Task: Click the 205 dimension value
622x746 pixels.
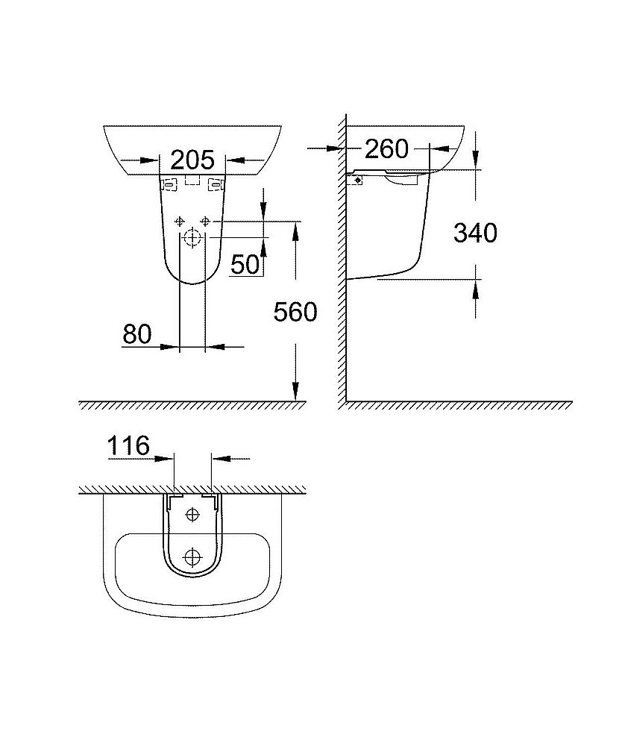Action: tap(192, 159)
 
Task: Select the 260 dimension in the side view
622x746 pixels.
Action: tap(386, 149)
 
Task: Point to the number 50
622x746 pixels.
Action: tap(244, 263)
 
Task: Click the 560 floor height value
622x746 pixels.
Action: tap(295, 312)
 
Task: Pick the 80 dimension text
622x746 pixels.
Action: tap(136, 335)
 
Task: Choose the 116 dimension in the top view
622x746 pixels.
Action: tap(128, 446)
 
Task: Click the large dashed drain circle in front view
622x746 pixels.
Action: tap(192, 239)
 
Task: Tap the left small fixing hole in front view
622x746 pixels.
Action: tap(179, 221)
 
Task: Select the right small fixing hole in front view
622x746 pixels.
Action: tap(206, 221)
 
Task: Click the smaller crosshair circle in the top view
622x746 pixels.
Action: tap(193, 514)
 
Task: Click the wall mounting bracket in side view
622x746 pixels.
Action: tap(357, 178)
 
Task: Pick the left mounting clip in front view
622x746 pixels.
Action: tap(169, 183)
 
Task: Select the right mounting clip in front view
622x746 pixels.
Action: tap(217, 183)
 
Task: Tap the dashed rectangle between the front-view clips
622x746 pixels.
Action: tap(193, 180)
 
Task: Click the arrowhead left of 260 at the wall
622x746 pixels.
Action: tap(338, 149)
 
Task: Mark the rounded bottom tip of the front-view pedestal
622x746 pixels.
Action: tap(193, 283)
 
